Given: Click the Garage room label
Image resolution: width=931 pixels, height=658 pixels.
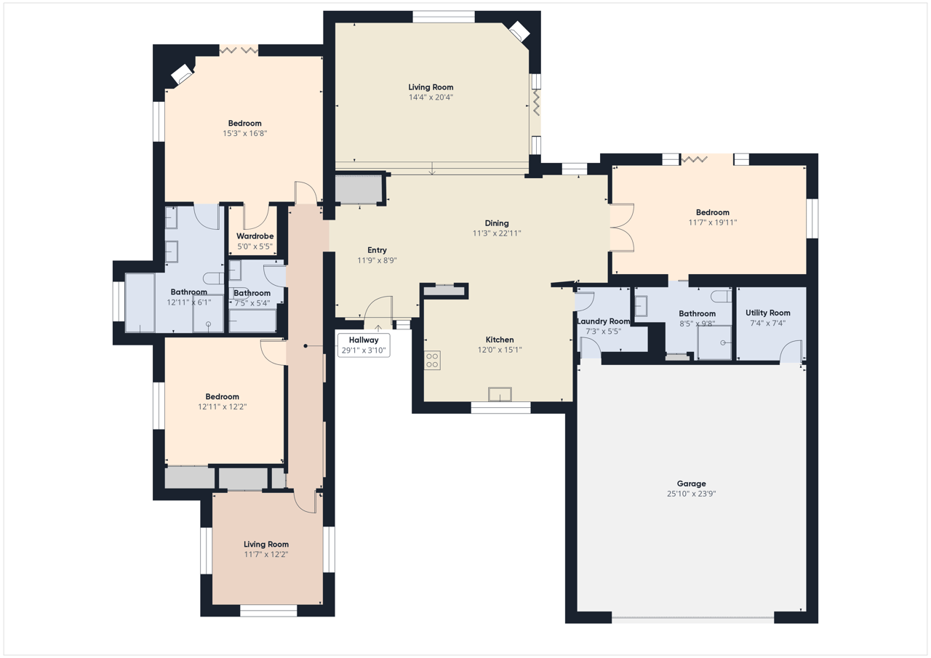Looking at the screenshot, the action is click(x=691, y=484).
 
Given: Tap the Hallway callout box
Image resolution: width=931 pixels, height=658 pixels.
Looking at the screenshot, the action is click(x=364, y=345).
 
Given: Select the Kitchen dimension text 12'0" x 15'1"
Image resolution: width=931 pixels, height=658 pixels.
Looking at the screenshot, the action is click(x=500, y=350).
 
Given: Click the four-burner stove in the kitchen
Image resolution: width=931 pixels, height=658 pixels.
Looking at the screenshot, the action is click(x=432, y=360).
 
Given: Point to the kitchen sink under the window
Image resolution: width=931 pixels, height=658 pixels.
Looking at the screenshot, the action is click(x=500, y=394).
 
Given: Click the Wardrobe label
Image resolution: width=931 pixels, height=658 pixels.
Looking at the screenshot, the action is click(x=255, y=236).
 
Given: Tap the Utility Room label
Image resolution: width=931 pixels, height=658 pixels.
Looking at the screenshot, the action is click(x=767, y=313).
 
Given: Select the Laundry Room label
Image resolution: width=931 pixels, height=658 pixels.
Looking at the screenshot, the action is click(x=604, y=321).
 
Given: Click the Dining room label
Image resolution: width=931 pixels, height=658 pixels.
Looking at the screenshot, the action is click(x=497, y=223).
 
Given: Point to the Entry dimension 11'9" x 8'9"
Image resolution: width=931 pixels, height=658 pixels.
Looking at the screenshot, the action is click(x=377, y=260).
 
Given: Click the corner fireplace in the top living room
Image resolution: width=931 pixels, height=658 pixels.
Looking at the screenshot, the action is click(x=519, y=31).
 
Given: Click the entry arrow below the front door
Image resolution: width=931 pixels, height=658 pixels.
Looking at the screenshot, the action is click(x=378, y=328).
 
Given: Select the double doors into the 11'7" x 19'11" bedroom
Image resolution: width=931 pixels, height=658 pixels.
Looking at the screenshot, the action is click(x=622, y=228).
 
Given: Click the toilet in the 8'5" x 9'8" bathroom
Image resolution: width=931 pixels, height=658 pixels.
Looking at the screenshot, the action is click(x=721, y=296).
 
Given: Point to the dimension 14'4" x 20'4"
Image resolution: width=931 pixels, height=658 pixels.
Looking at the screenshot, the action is click(x=431, y=97).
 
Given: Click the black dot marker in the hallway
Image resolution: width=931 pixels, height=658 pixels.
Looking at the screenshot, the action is click(x=305, y=345).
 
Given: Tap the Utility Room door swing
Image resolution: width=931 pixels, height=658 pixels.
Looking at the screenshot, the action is click(x=791, y=351).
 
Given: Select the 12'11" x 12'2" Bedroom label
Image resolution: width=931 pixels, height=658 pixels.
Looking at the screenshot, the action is click(x=222, y=396).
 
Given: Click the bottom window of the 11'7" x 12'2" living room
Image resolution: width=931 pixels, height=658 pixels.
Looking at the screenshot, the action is click(x=268, y=611).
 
